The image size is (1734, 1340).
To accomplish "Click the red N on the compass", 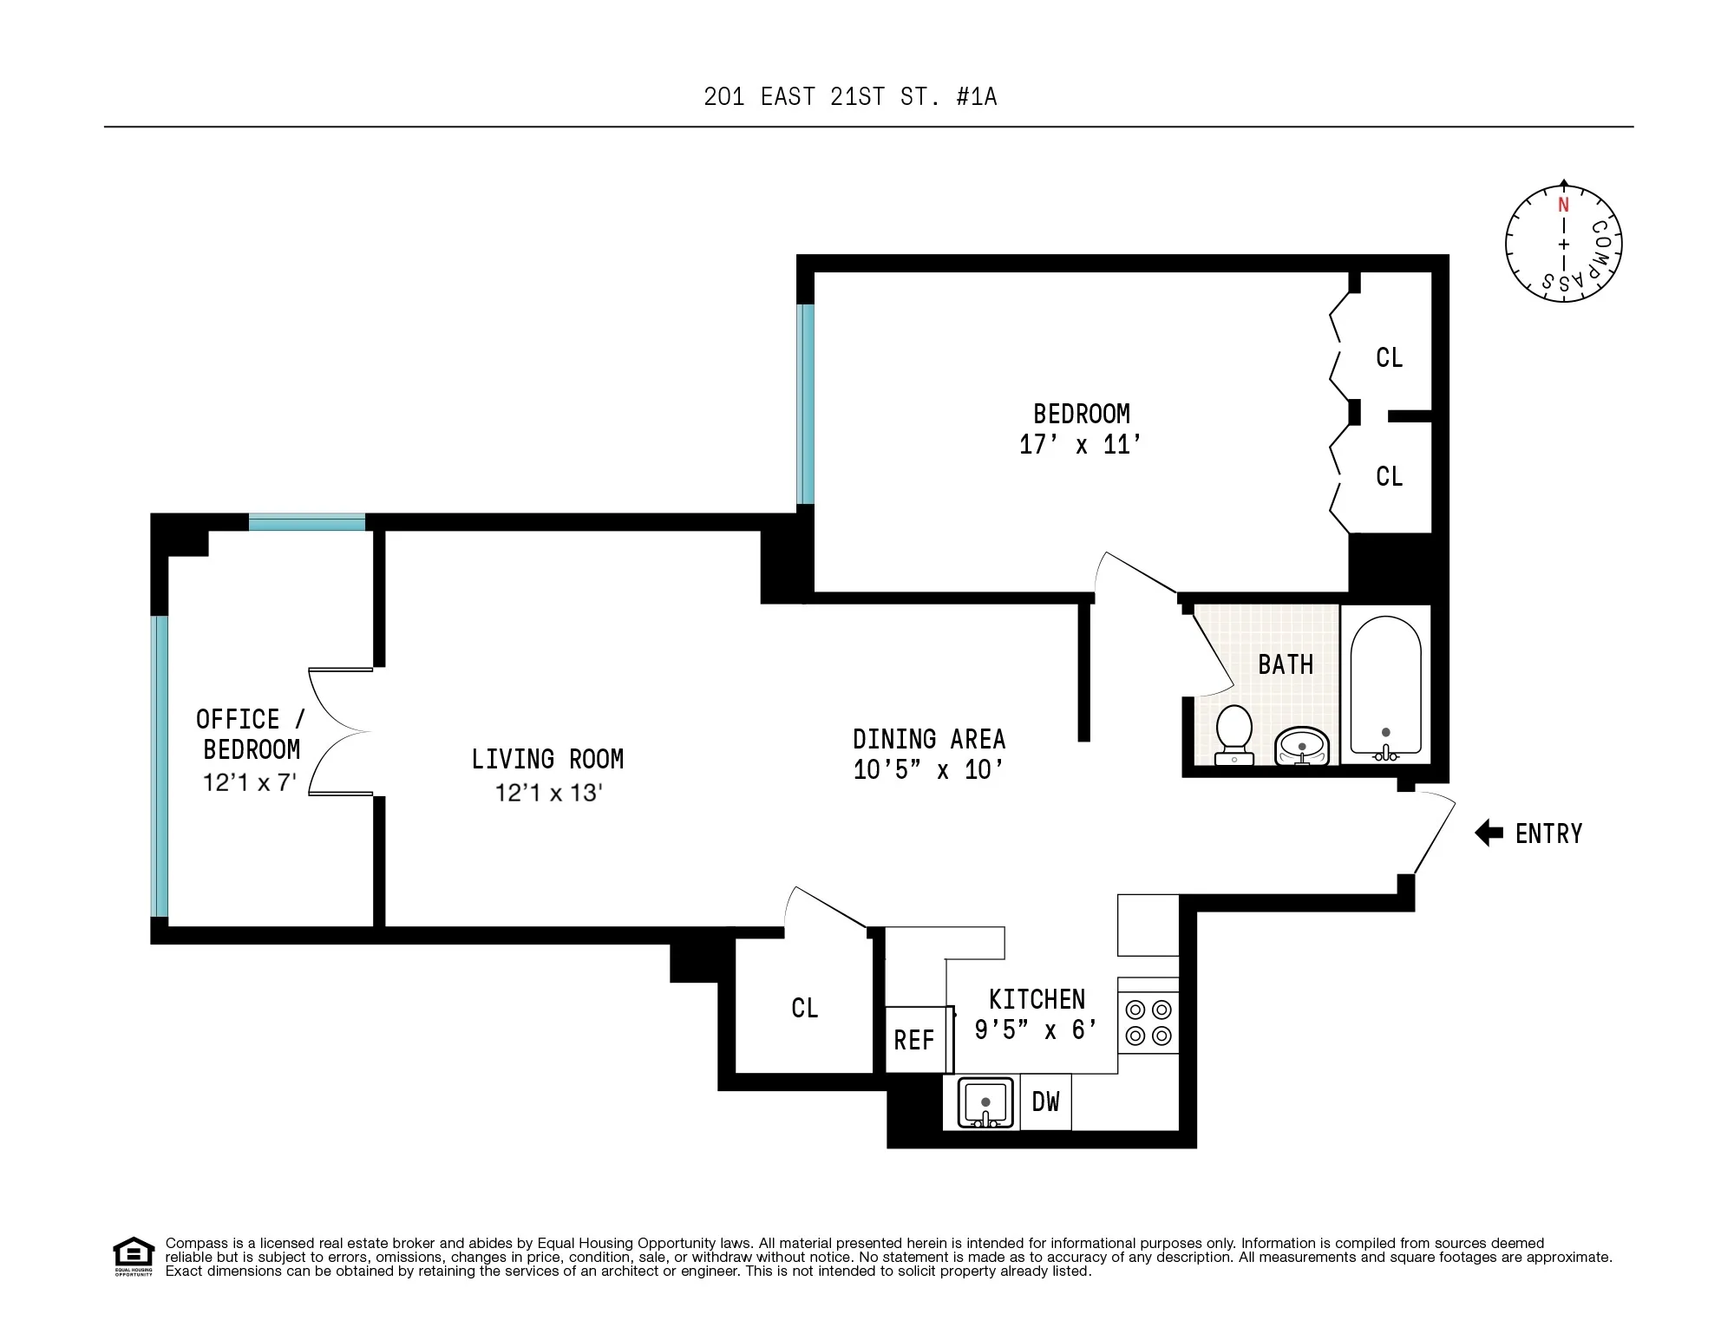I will click(x=1563, y=206).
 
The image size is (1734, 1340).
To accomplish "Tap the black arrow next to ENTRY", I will click(x=1489, y=833).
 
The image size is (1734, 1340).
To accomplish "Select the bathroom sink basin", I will click(x=1301, y=746).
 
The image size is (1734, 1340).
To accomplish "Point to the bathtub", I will click(x=1385, y=685).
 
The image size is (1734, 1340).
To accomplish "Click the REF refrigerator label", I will click(x=914, y=1040).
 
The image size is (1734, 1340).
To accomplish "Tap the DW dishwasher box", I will click(x=1045, y=1101).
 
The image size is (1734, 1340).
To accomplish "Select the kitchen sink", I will click(x=985, y=1102).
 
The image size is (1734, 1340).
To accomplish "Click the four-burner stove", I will click(x=1148, y=1023).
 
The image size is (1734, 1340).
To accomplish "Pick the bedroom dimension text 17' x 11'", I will click(x=1080, y=445).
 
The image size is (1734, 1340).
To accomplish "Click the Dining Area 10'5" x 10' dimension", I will click(x=928, y=770).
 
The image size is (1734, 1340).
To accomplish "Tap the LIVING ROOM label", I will click(x=547, y=759).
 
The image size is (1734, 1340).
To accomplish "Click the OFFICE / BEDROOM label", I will click(x=250, y=734).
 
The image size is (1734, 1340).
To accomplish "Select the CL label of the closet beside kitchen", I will click(x=804, y=1008).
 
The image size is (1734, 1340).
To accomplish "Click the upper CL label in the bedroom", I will click(x=1389, y=357).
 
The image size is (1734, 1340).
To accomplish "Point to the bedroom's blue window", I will click(x=806, y=403).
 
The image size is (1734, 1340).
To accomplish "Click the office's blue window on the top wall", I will click(x=306, y=522).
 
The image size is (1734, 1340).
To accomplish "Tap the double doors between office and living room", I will click(x=340, y=731).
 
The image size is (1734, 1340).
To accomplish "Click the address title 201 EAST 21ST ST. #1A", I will click(x=850, y=96).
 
